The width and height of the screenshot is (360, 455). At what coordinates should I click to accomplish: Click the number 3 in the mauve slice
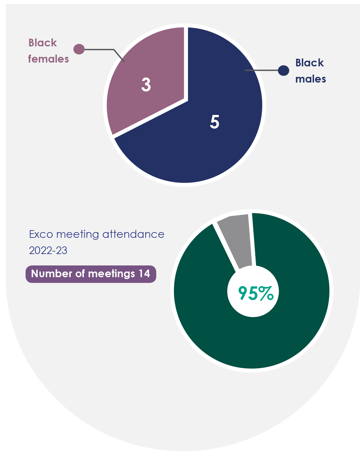click(146, 85)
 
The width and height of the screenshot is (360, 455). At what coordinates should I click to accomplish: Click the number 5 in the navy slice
click(215, 122)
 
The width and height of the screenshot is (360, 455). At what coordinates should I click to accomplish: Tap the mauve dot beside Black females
click(79, 49)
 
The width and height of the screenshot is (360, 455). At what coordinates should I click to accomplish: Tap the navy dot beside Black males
click(283, 70)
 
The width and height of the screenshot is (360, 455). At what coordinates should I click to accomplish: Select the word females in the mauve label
click(49, 59)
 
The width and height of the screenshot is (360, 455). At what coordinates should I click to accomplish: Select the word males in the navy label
click(310, 79)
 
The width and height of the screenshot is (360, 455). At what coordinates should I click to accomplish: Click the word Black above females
click(43, 43)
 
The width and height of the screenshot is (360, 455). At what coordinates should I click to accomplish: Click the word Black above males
click(310, 63)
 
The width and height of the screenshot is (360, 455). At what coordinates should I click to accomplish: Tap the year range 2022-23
click(48, 251)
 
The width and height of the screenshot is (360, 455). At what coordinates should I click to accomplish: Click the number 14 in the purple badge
click(144, 274)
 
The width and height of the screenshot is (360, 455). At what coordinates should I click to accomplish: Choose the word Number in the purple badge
click(51, 274)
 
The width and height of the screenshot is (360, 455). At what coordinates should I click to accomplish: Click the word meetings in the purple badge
click(111, 274)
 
